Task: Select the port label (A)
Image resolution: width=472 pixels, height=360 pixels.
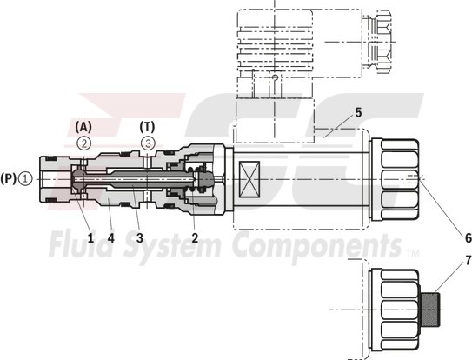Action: point(84,125)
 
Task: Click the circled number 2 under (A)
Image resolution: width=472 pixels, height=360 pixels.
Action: point(84,142)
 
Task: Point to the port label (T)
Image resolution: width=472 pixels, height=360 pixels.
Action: point(148,125)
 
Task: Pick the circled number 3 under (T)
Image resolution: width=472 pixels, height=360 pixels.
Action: point(148,142)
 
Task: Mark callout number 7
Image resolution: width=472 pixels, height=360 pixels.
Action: point(443,260)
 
